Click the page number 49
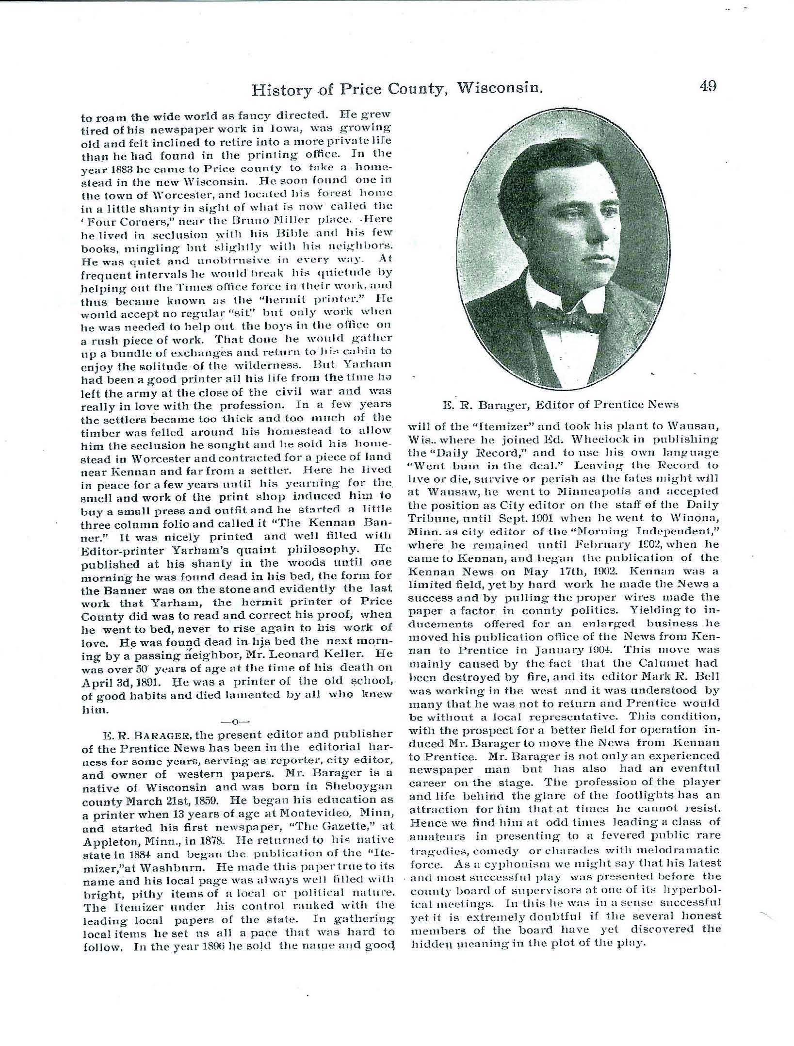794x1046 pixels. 708,87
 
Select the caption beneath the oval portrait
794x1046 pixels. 560,404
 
